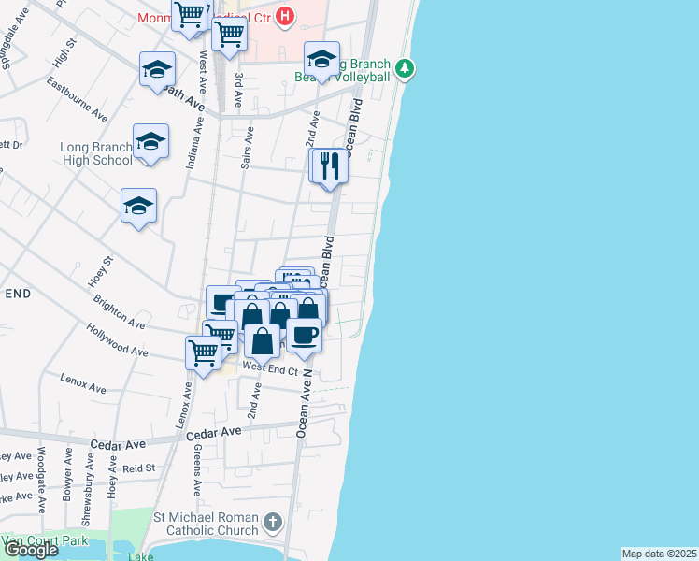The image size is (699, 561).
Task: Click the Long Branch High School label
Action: click(96, 153)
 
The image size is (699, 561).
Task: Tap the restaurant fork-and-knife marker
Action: click(329, 166)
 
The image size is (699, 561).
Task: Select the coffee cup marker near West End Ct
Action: click(303, 335)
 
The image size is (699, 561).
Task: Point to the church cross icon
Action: click(272, 521)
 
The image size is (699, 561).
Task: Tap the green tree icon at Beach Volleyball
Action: click(404, 67)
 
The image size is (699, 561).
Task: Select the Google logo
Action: click(30, 550)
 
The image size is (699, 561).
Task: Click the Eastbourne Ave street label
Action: click(78, 100)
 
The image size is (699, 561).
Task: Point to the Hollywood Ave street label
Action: click(118, 340)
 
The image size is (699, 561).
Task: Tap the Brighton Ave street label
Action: click(119, 312)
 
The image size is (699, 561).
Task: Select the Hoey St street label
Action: click(101, 272)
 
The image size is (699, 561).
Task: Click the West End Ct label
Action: click(270, 370)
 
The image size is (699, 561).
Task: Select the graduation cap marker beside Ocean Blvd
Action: click(321, 60)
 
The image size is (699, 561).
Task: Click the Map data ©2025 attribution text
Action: click(660, 554)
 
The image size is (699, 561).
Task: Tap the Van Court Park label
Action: click(44, 541)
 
